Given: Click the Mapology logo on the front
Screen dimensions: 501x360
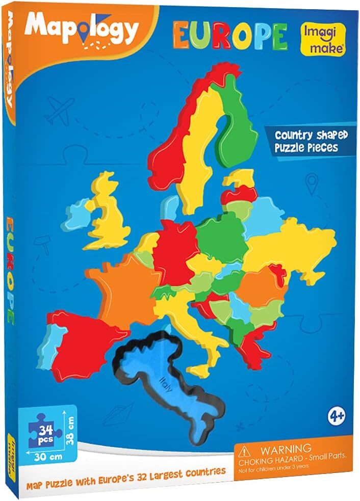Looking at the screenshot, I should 82,29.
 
